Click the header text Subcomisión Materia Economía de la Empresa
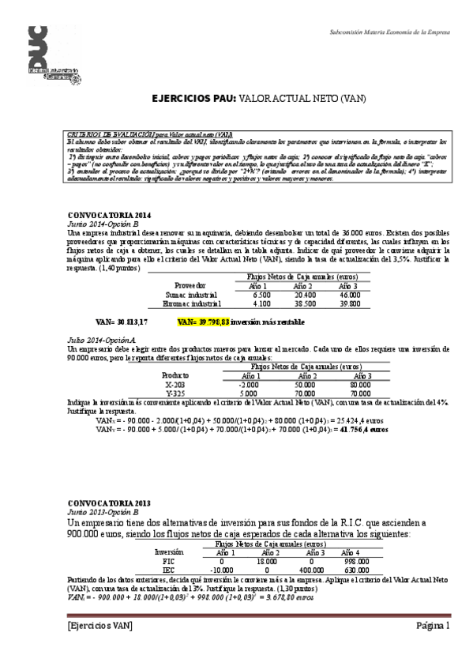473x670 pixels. click(x=389, y=33)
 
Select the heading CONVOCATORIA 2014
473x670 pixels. click(x=109, y=216)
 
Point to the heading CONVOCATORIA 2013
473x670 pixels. click(x=109, y=502)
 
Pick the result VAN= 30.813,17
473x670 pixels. click(x=121, y=322)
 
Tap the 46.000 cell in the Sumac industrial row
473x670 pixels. click(x=349, y=294)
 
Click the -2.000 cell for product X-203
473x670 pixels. click(x=247, y=384)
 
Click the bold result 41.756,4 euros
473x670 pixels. click(x=363, y=431)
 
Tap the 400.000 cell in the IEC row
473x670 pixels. click(x=312, y=569)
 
